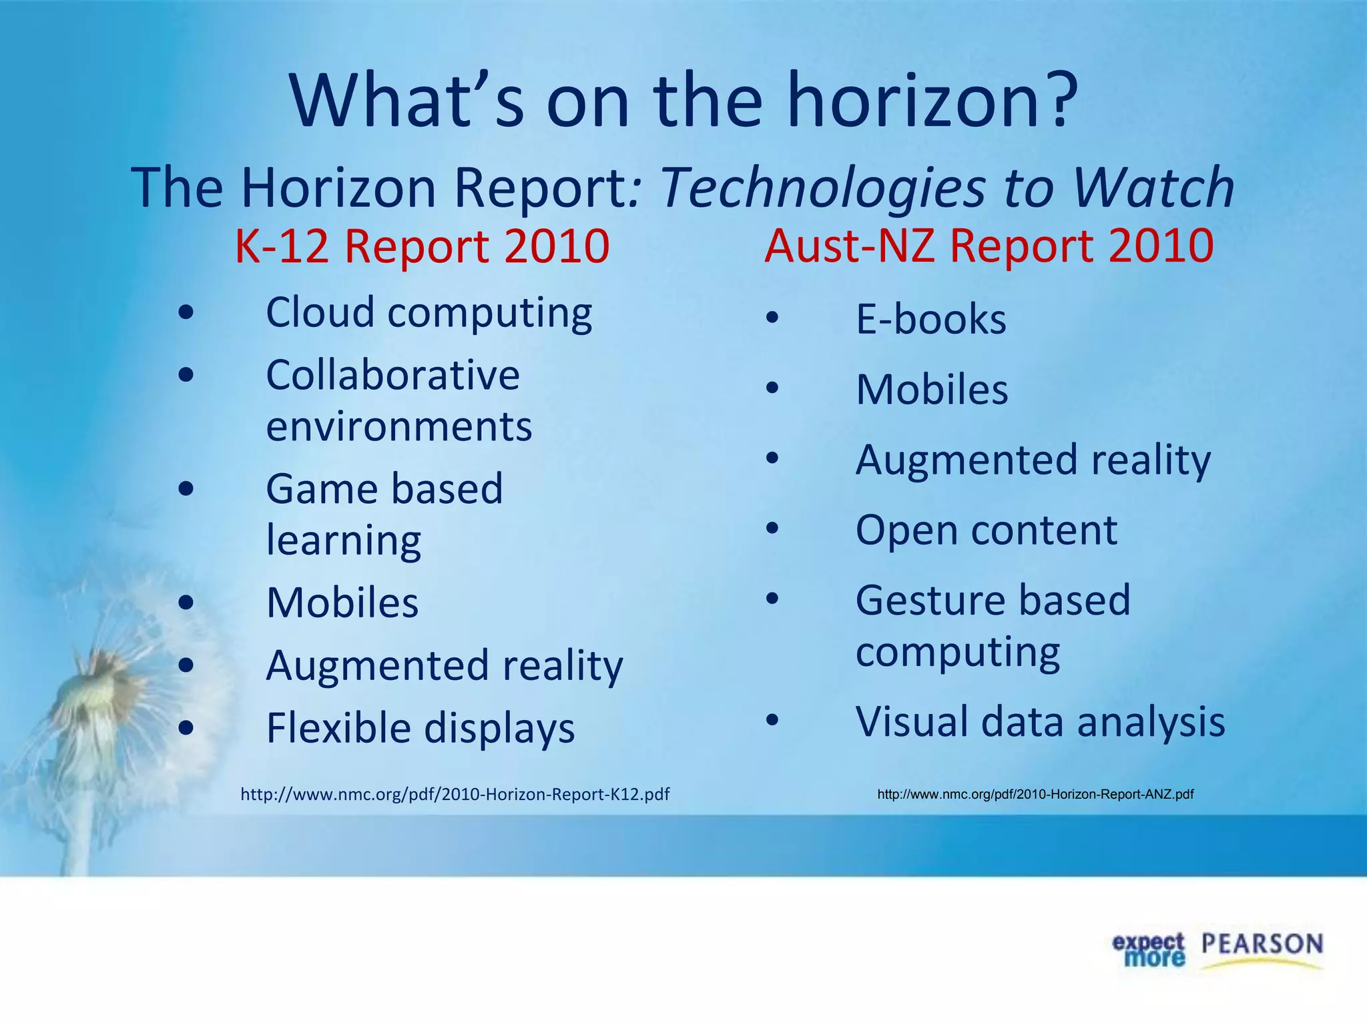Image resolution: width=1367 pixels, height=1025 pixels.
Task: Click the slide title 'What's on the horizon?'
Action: tap(684, 101)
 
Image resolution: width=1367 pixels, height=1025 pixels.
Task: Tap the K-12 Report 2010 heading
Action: tap(422, 246)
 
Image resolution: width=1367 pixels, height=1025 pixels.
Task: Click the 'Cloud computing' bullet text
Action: tap(429, 312)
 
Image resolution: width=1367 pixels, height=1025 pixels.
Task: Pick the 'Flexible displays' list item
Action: tap(420, 727)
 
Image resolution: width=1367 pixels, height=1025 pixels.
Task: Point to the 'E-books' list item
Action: tap(930, 319)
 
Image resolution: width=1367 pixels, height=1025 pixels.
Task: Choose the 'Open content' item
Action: tap(986, 531)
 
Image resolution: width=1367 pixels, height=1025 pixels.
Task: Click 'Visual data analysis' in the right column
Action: tap(1040, 722)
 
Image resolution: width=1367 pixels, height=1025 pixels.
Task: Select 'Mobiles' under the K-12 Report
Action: tap(342, 603)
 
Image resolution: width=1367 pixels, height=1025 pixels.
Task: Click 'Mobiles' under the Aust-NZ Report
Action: tap(932, 390)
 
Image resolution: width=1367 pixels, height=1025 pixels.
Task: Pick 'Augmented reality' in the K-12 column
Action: tap(444, 665)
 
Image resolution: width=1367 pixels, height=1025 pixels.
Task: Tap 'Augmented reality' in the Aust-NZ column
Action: tap(1033, 460)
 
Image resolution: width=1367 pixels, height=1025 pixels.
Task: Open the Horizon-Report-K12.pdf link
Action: tap(455, 794)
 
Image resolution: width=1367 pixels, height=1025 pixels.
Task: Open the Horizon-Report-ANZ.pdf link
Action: tap(1035, 794)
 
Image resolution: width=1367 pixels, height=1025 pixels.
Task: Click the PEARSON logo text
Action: tap(1262, 945)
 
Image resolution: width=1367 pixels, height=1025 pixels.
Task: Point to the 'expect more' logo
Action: tap(1147, 950)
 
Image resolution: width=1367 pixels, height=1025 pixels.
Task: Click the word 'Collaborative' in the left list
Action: tap(392, 375)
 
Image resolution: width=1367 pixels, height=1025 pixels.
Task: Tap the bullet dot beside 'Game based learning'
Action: tap(186, 489)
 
